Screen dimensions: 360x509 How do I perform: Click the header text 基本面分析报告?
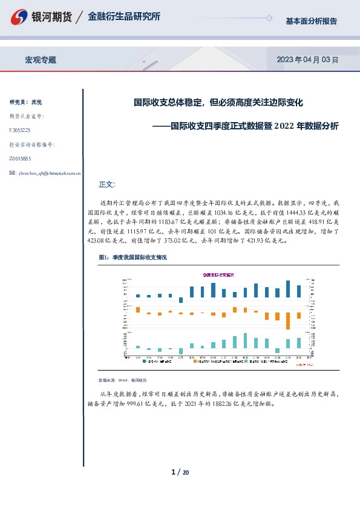pyautogui.click(x=311, y=21)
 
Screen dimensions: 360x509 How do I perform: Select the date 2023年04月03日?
pyautogui.click(x=307, y=60)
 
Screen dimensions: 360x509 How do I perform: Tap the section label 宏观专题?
pyautogui.click(x=41, y=60)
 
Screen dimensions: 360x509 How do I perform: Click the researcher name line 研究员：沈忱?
pyautogui.click(x=26, y=102)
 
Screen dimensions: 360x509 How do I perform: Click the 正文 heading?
pyautogui.click(x=106, y=184)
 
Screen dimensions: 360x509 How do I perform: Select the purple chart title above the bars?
pyautogui.click(x=218, y=275)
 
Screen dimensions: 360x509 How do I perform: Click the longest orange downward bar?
pyautogui.click(x=288, y=320)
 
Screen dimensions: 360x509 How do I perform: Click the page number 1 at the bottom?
pyautogui.click(x=173, y=472)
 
